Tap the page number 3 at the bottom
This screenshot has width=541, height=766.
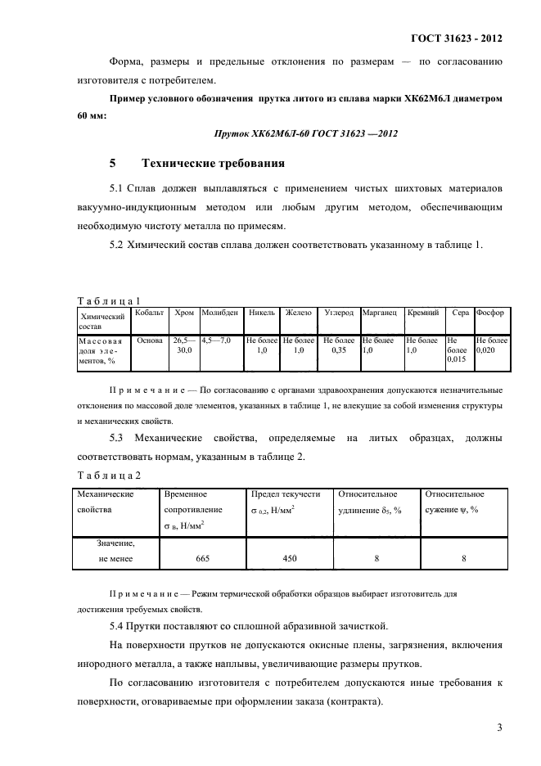coord(498,728)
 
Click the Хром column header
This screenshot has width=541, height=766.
coord(184,313)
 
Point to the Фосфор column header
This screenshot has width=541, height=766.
coord(491,313)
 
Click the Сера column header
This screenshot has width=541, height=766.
coord(460,313)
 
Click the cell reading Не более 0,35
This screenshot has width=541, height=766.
coord(337,345)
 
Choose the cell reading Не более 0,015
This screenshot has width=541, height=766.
coord(457,349)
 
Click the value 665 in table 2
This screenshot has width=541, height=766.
coord(203,558)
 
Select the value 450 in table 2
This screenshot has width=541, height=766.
coord(289,558)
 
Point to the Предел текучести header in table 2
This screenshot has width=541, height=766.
coord(286,494)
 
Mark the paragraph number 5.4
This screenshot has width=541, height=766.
coord(119,626)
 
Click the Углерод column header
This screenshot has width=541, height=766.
coord(338,313)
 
